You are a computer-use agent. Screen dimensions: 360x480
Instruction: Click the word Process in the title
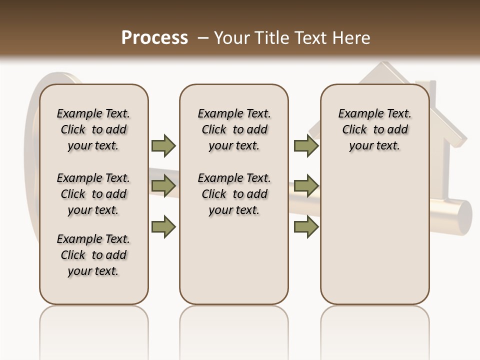pyautogui.click(x=154, y=37)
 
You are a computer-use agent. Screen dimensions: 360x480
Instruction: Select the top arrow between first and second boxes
pyautogui.click(x=163, y=145)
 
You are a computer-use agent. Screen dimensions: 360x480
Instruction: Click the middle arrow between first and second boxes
pyautogui.click(x=163, y=185)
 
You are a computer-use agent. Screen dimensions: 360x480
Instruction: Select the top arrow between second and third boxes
pyautogui.click(x=306, y=145)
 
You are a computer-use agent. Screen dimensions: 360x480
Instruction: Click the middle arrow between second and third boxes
pyautogui.click(x=306, y=185)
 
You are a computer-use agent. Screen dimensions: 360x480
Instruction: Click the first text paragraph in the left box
pyautogui.click(x=93, y=129)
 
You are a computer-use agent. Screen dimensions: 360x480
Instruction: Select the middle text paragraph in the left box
pyautogui.click(x=93, y=194)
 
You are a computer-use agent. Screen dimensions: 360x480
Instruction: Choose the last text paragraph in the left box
pyautogui.click(x=93, y=255)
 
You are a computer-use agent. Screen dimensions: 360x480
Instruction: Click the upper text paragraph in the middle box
pyautogui.click(x=234, y=129)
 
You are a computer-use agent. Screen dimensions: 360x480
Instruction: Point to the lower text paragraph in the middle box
pyautogui.click(x=234, y=194)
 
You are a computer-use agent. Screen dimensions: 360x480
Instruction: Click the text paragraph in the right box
pyautogui.click(x=374, y=129)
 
